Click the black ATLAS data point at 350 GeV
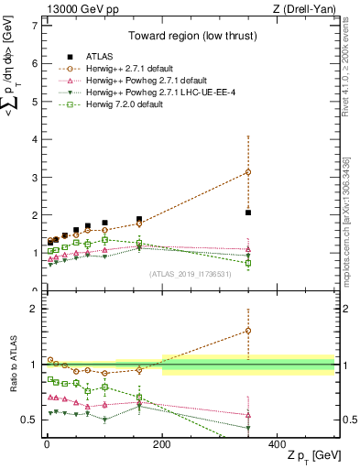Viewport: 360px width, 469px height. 248,213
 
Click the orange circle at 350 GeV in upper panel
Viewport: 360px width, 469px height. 248,172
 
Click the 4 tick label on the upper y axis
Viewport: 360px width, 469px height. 34,139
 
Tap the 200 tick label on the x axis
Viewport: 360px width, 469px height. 162,443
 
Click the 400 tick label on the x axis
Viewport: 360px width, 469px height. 278,443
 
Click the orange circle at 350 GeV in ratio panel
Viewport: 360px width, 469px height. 248,331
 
